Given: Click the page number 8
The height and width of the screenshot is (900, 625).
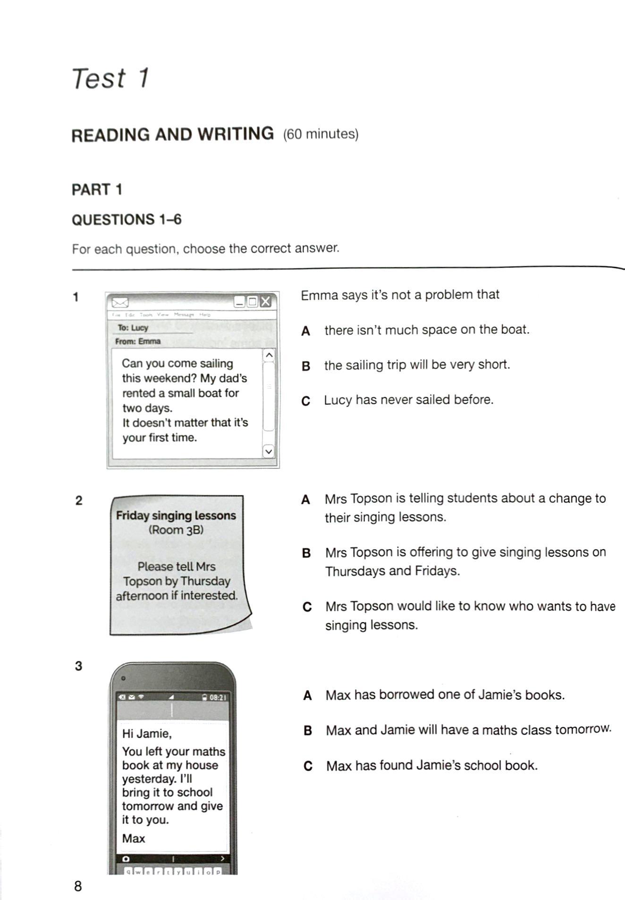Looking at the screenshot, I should [x=78, y=886].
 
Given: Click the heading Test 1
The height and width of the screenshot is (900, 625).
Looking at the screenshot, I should [x=110, y=78].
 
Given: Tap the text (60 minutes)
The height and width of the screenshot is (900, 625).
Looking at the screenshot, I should [x=321, y=134].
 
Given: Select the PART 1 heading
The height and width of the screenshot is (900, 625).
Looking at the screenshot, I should [x=97, y=190].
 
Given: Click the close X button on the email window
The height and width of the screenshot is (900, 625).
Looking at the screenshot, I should [x=266, y=301].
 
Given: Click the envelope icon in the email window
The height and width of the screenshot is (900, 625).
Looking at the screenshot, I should [x=120, y=302].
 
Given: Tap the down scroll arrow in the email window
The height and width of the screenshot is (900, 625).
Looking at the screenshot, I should [x=268, y=451].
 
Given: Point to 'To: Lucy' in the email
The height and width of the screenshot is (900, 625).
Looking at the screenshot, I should [x=133, y=327].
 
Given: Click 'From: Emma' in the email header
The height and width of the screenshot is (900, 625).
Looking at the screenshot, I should [x=138, y=341].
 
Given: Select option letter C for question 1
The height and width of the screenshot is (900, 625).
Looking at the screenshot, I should [x=306, y=401].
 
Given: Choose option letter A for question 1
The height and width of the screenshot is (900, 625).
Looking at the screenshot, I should [x=305, y=331].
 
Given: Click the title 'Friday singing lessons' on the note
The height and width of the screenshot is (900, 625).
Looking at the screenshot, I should [x=176, y=515].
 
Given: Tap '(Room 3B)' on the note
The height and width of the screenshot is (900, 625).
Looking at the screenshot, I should [x=176, y=530].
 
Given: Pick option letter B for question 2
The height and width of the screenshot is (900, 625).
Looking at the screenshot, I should [x=306, y=553].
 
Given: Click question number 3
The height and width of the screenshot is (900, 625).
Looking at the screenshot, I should [x=78, y=666].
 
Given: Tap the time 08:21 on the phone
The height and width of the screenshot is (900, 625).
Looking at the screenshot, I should [x=218, y=697].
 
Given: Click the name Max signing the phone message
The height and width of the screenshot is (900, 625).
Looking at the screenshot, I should [x=133, y=838].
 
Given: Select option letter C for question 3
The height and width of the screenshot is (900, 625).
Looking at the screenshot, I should [x=308, y=766].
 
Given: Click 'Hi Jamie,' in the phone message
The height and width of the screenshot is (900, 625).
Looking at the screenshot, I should [x=146, y=733].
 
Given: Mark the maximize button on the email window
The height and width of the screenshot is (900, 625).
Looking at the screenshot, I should [x=253, y=301].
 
